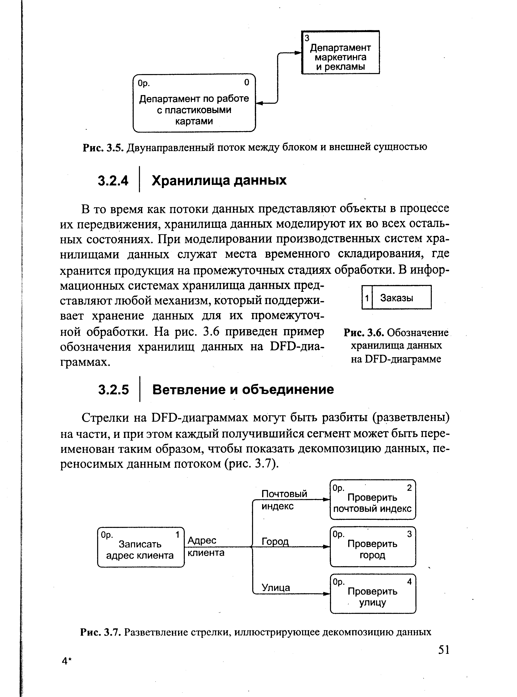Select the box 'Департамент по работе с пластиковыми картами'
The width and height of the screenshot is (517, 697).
click(194, 103)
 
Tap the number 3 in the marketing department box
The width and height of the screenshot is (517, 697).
click(307, 38)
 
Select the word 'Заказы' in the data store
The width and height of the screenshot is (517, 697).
click(396, 298)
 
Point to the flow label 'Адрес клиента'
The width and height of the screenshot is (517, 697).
click(205, 547)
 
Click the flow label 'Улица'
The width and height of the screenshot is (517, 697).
click(276, 588)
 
